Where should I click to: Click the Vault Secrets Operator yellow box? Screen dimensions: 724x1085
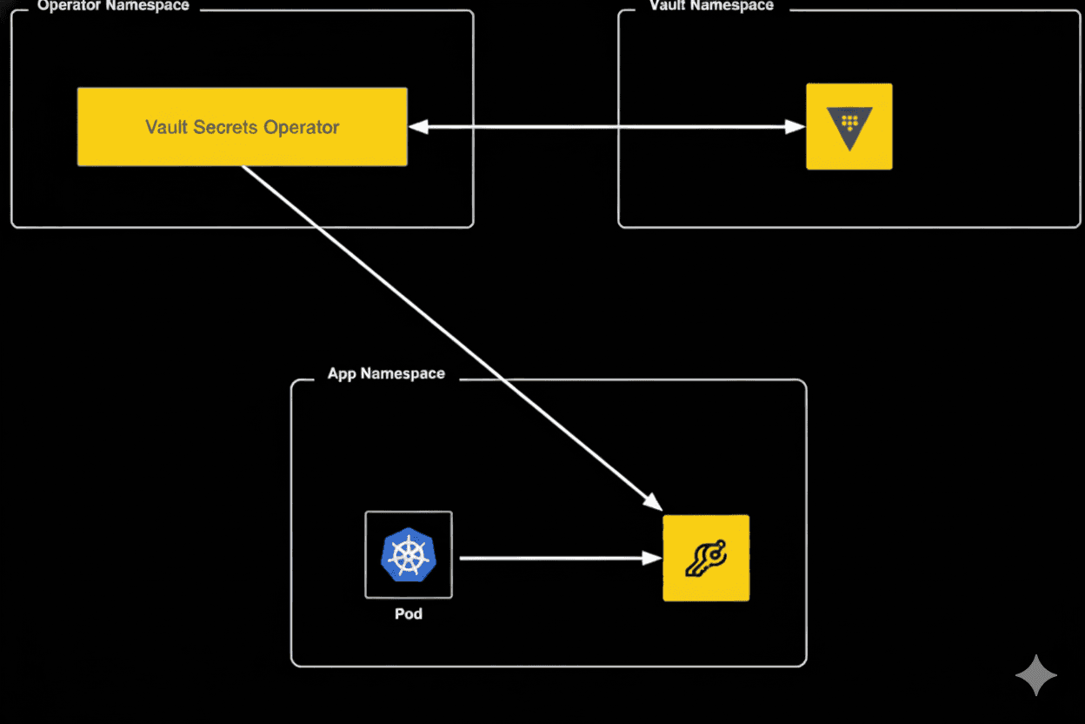pos(242,127)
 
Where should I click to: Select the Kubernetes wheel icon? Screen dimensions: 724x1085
pos(408,555)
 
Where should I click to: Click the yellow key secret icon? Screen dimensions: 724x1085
pos(706,558)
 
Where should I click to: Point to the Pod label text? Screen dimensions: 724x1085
pos(408,613)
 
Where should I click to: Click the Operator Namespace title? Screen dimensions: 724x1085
pos(113,6)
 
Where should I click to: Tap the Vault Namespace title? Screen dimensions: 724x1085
pos(711,6)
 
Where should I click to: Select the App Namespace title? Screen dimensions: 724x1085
pos(386,374)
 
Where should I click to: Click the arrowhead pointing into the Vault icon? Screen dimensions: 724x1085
pos(795,127)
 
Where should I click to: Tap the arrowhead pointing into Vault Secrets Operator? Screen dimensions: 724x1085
pos(419,127)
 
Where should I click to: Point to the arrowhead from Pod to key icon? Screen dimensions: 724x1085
pos(652,558)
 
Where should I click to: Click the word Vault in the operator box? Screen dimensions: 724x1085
pos(165,127)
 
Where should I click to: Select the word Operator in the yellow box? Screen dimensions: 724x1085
pos(302,127)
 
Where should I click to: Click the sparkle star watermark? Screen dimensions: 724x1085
pos(1036,675)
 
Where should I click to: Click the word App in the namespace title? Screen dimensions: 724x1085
pos(342,374)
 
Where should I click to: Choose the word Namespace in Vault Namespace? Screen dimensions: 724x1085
pos(733,6)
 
